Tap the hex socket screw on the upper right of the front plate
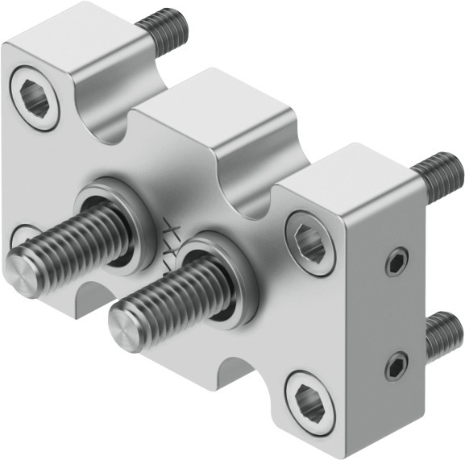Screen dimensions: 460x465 coord(311,242)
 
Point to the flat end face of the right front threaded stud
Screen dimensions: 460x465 coord(126,328)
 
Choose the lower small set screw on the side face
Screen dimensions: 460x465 coord(394,367)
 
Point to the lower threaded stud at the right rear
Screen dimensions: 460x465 coord(442,334)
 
